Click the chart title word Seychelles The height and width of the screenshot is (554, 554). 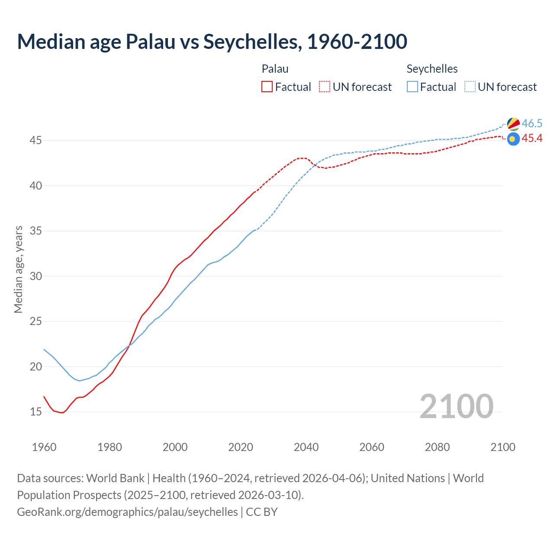click(x=251, y=42)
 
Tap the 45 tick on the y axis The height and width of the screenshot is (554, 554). click(x=36, y=141)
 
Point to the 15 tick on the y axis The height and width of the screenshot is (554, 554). click(x=36, y=412)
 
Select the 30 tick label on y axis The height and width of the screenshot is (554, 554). click(x=36, y=276)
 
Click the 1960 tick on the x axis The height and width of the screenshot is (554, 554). click(x=44, y=447)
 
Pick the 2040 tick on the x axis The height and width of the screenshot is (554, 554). click(x=306, y=447)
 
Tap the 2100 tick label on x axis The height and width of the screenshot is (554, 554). click(x=502, y=447)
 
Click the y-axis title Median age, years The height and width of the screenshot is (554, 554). click(x=18, y=269)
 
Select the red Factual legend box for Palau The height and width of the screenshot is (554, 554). click(x=267, y=87)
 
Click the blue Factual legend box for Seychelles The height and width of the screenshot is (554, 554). click(x=412, y=87)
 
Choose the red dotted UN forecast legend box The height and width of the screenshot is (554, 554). click(x=325, y=87)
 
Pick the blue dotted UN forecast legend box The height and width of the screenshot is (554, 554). click(x=470, y=87)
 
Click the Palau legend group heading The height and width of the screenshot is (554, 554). click(x=275, y=69)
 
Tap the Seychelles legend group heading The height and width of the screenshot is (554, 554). click(x=432, y=69)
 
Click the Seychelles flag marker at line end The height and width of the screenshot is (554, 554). click(x=513, y=124)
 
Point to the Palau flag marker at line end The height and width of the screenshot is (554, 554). click(x=513, y=139)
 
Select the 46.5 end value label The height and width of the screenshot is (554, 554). click(x=532, y=124)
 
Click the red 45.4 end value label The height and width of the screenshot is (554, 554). click(x=532, y=138)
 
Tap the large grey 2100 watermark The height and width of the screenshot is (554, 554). click(x=456, y=406)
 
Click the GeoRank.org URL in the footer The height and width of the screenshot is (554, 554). click(x=127, y=512)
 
